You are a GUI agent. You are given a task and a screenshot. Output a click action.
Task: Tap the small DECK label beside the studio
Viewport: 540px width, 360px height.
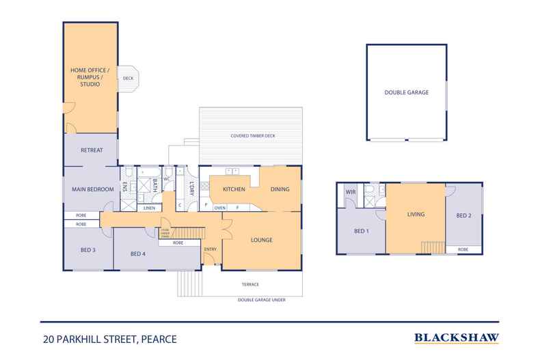128,79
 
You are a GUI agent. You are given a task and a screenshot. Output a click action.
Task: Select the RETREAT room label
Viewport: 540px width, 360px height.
92,150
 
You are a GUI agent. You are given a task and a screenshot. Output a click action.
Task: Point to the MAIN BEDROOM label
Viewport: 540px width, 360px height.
92,189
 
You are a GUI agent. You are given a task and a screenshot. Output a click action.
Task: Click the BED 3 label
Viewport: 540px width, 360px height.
88,250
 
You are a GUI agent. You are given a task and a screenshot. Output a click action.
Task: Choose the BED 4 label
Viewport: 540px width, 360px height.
138,254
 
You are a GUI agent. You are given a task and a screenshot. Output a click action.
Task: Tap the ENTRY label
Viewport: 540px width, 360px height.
211,249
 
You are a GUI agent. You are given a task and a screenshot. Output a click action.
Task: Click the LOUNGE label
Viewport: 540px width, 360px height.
262,240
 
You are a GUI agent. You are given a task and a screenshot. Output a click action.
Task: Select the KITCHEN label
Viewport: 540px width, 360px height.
233,189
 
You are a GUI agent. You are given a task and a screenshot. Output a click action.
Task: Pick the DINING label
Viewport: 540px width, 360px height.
280,189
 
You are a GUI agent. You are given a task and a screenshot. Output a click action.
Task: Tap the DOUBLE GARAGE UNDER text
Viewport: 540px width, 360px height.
262,299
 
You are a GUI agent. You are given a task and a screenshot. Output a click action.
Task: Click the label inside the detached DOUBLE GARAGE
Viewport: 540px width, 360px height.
406,92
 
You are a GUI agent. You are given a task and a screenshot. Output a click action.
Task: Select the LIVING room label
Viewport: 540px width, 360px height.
416,214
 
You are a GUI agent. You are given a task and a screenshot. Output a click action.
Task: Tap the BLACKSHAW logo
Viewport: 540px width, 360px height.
457,337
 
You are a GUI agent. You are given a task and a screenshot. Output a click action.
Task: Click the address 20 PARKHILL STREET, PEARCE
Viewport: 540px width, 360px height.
103,338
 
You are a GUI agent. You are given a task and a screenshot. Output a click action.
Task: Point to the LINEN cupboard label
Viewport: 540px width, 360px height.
150,208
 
